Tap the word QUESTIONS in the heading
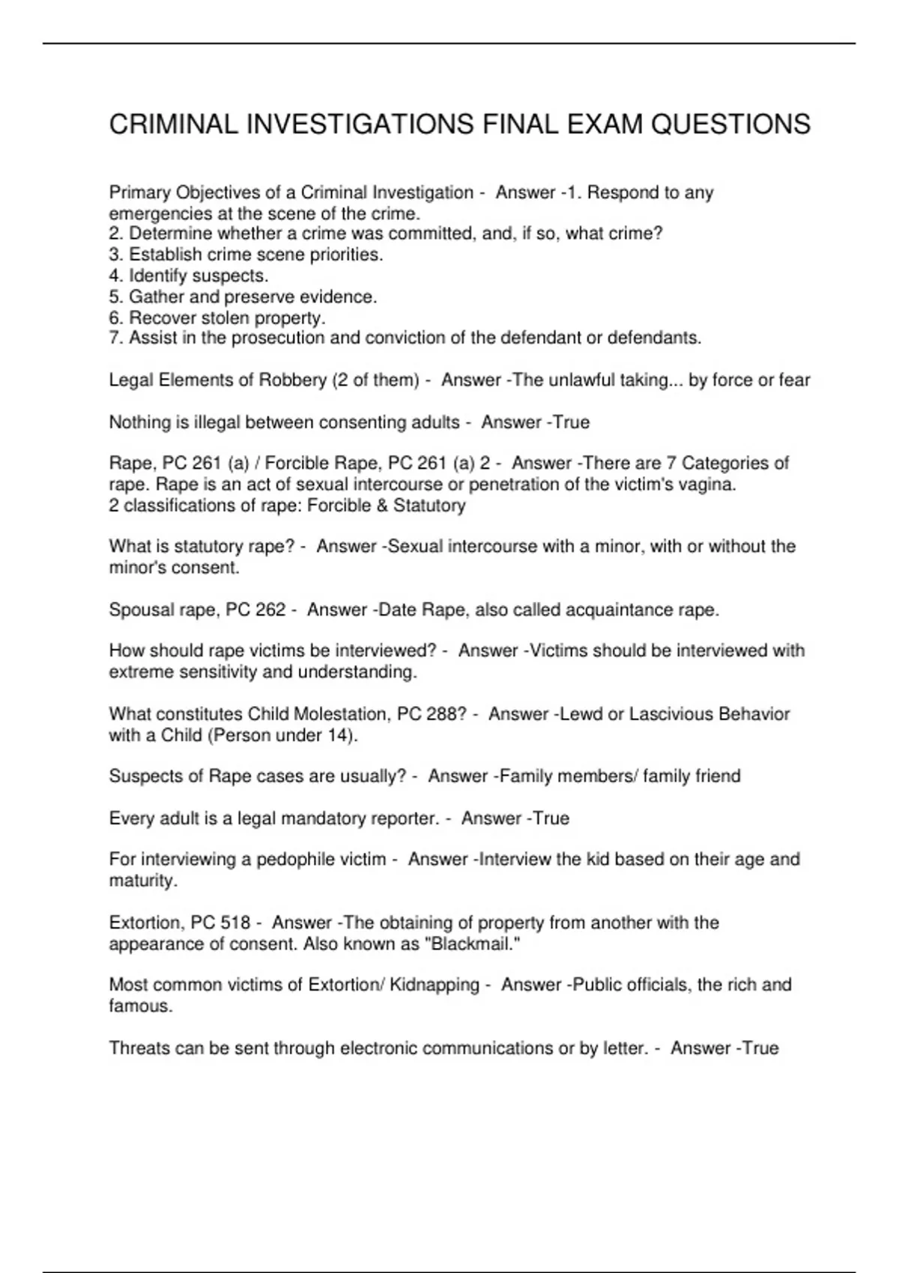(x=730, y=124)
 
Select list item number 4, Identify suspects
(x=189, y=276)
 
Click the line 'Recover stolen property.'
(x=217, y=318)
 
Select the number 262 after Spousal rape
(x=270, y=610)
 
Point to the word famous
(x=140, y=1006)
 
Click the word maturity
(x=142, y=881)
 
